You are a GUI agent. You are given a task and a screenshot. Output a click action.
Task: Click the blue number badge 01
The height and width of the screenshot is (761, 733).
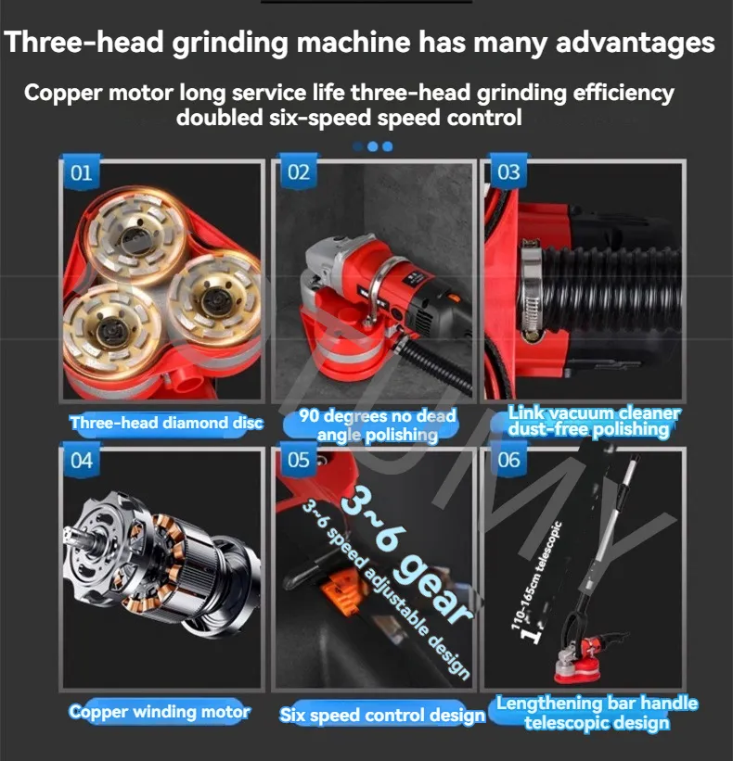point(81,172)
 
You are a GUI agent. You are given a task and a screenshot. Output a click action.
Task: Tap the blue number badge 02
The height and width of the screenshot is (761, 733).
point(298,171)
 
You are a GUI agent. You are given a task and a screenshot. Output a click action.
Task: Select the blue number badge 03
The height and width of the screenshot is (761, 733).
point(508,171)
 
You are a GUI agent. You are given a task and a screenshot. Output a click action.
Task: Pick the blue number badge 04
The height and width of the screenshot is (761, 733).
point(81,460)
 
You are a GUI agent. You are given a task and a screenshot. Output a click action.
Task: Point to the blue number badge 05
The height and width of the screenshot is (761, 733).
point(298,460)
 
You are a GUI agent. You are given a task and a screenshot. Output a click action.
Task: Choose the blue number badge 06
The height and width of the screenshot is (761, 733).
point(508,460)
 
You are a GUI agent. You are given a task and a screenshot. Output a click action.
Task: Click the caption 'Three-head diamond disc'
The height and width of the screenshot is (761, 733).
point(166,423)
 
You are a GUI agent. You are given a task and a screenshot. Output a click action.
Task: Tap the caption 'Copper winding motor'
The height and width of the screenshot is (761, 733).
point(160,712)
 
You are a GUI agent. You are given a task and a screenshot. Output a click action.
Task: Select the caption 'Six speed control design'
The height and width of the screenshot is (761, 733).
point(381,715)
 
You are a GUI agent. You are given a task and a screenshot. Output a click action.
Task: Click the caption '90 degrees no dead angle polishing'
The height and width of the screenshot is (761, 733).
point(377,425)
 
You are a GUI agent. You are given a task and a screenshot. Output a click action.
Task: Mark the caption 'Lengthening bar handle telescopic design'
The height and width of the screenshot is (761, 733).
point(597,713)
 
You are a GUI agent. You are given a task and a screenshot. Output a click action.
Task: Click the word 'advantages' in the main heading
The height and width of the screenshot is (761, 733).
point(636,43)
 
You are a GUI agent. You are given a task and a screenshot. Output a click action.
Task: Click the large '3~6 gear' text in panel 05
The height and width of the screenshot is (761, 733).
point(406,554)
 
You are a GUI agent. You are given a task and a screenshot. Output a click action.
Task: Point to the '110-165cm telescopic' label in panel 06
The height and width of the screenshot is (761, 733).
point(536,576)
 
